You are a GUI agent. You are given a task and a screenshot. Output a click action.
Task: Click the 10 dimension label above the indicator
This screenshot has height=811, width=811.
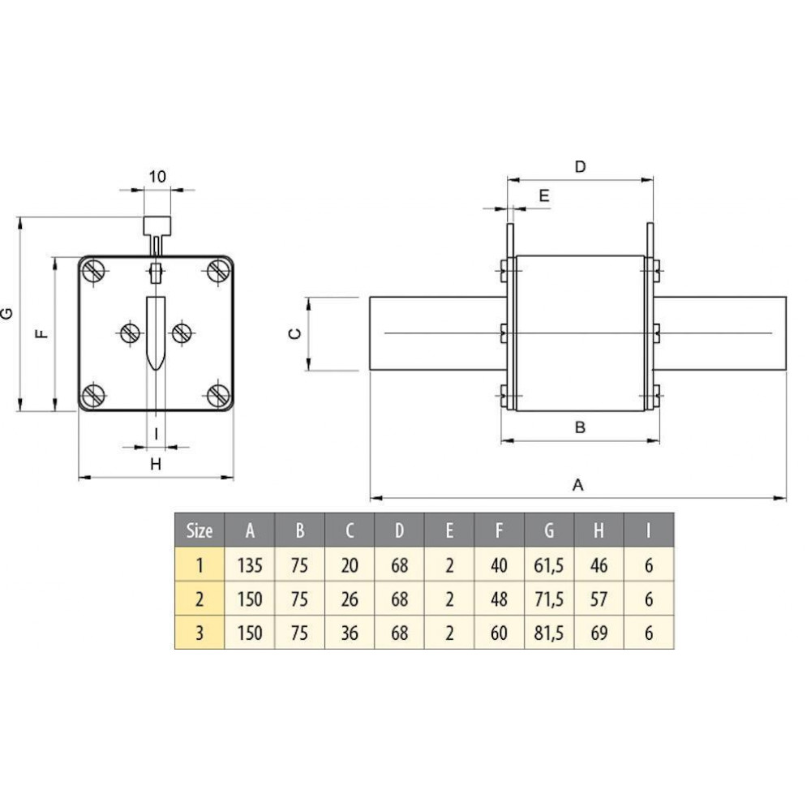tap(158, 177)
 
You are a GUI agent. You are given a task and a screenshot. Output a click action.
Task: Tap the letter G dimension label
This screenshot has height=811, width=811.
tap(8, 313)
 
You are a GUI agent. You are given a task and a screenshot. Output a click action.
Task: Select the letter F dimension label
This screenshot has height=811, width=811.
tap(42, 333)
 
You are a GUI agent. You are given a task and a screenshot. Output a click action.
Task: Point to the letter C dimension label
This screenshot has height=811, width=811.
tap(295, 333)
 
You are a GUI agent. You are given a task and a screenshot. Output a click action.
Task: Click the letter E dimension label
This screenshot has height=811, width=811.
tap(544, 195)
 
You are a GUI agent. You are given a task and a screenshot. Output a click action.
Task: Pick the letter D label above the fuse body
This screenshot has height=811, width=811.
tap(581, 166)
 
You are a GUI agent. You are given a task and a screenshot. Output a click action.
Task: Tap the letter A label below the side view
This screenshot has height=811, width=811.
tap(578, 485)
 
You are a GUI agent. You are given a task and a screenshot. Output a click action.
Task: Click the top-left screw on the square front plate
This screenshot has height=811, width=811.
tap(94, 271)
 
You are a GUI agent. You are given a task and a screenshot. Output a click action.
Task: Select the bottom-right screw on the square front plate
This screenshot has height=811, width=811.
tap(218, 396)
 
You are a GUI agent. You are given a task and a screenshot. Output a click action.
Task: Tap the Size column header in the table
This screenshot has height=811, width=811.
tap(200, 530)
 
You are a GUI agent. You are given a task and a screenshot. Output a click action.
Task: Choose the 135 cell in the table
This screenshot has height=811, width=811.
tap(250, 565)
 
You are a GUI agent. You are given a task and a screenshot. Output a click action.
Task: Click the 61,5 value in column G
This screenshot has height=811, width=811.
tap(549, 565)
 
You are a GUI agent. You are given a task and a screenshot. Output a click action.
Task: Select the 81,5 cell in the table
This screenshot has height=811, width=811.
tap(549, 633)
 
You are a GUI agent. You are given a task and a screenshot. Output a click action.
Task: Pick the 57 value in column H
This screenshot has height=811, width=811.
tap(599, 599)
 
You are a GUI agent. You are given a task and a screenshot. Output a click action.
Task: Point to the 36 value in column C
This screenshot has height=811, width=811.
tap(350, 633)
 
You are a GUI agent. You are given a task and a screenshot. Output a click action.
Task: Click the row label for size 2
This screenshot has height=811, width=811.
tap(200, 599)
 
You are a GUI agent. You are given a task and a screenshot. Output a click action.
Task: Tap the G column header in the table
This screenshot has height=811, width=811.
tap(549, 530)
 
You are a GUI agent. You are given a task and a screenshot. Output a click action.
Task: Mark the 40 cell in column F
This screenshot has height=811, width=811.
tap(499, 565)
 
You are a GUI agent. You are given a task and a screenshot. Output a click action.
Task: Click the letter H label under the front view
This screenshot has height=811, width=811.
tap(156, 464)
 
